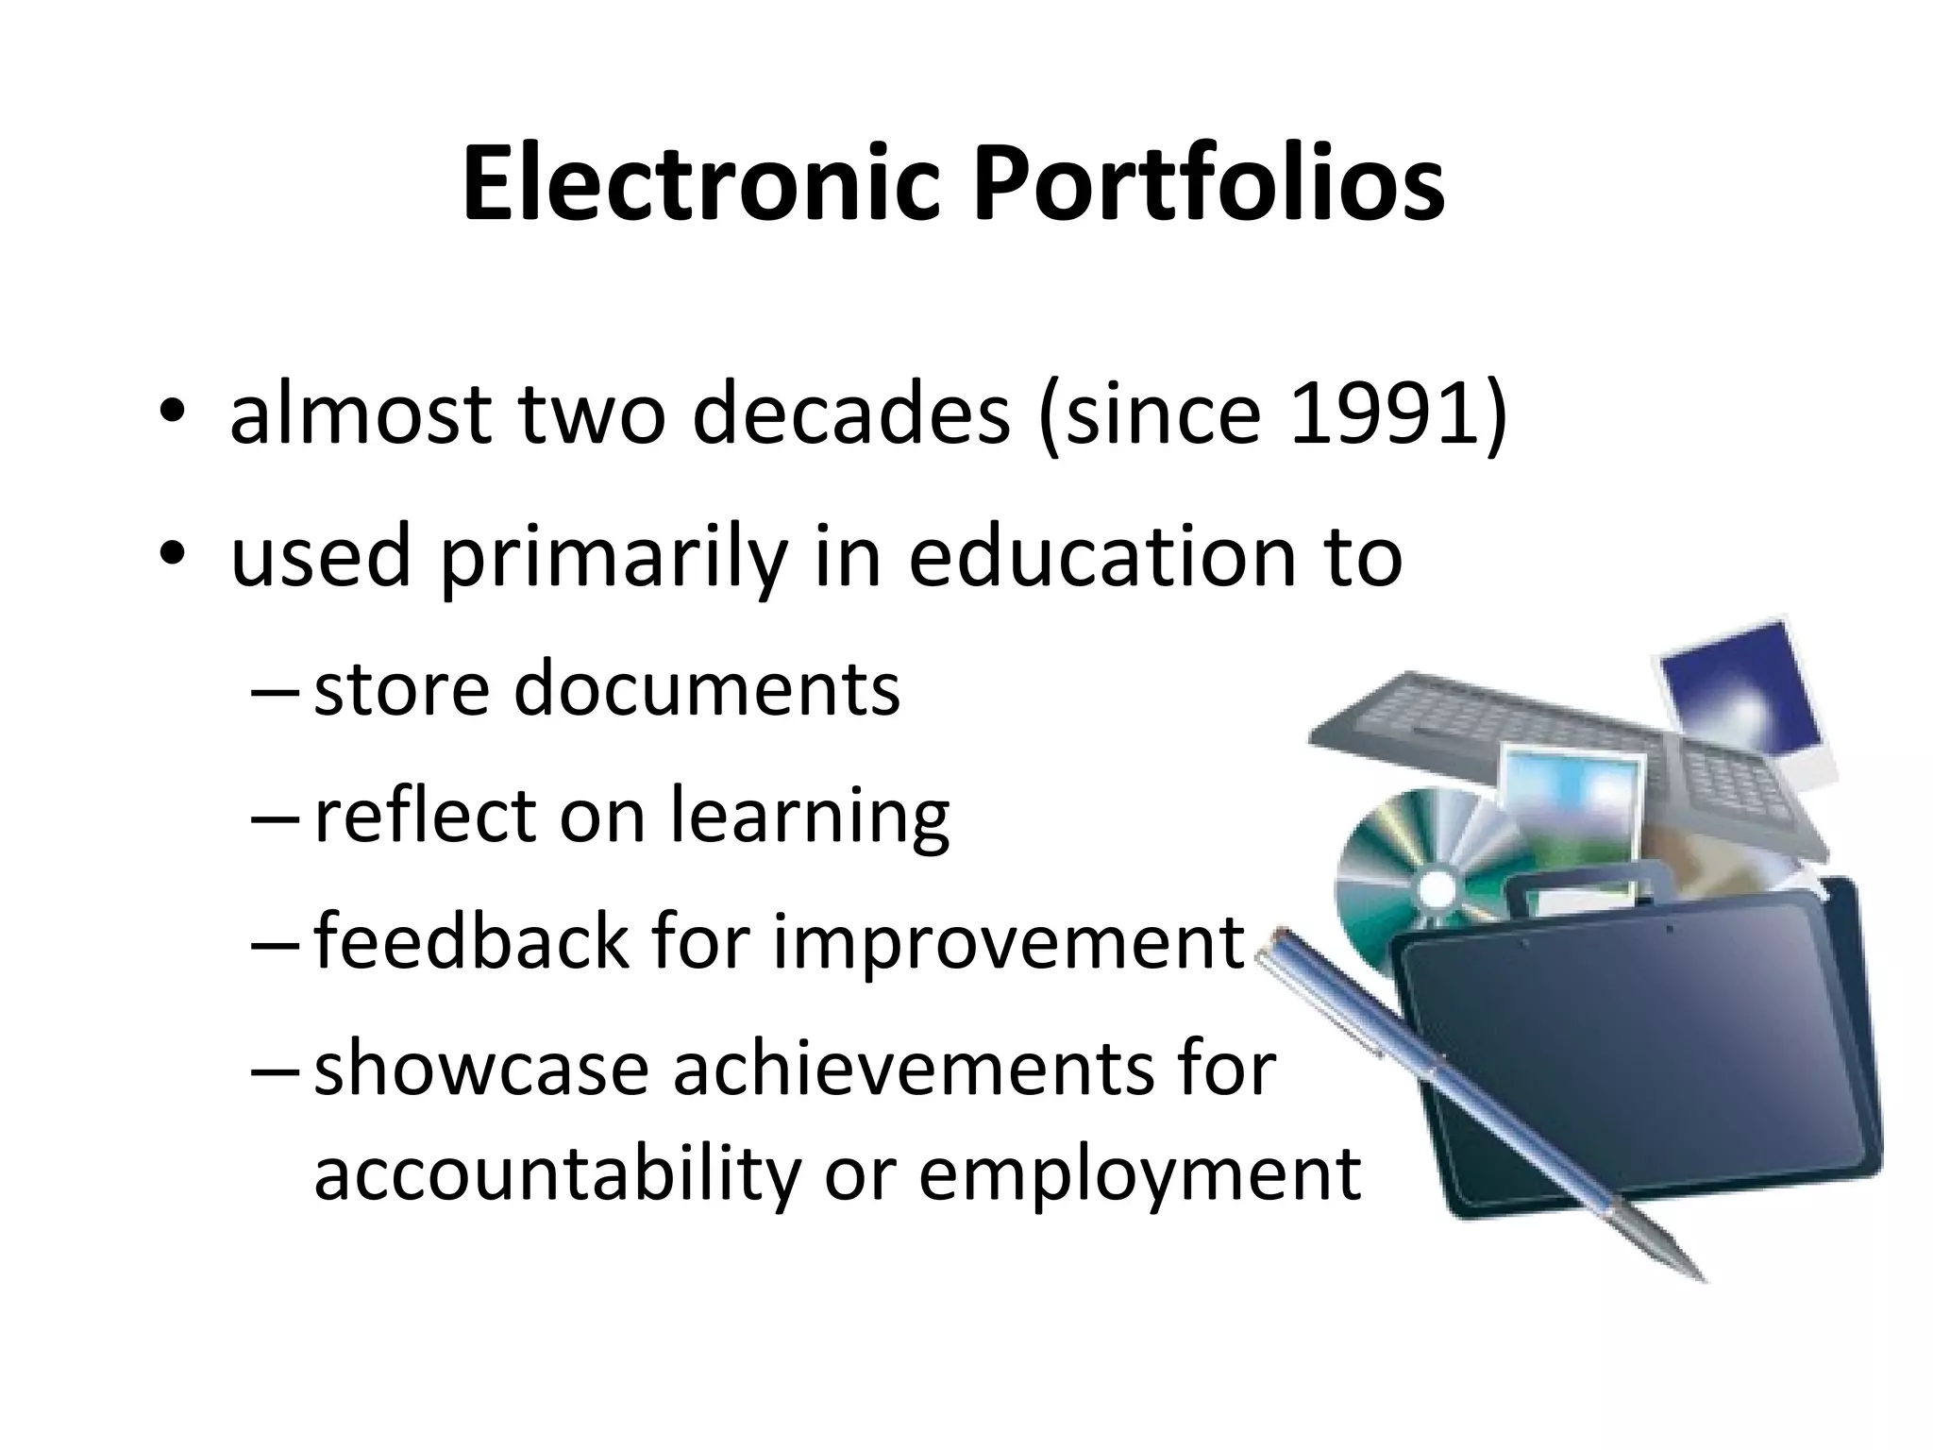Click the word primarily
coord(614,558)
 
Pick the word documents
coord(707,688)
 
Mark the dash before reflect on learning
coord(276,818)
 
